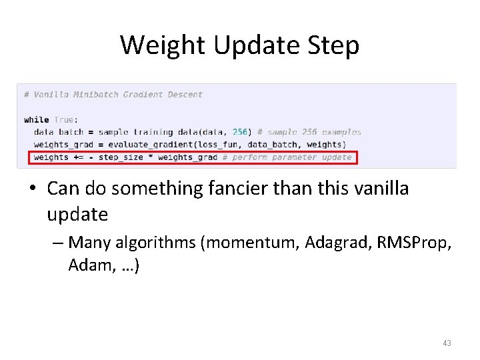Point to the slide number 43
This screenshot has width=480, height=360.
tap(447, 343)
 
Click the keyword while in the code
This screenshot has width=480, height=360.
tap(36, 120)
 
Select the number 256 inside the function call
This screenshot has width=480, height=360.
tap(239, 132)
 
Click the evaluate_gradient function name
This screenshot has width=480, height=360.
tap(143, 145)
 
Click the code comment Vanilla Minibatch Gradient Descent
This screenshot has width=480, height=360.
tap(113, 95)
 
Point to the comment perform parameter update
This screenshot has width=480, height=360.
tap(291, 157)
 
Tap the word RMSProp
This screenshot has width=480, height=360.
tap(414, 242)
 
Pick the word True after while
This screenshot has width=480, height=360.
tap(64, 120)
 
